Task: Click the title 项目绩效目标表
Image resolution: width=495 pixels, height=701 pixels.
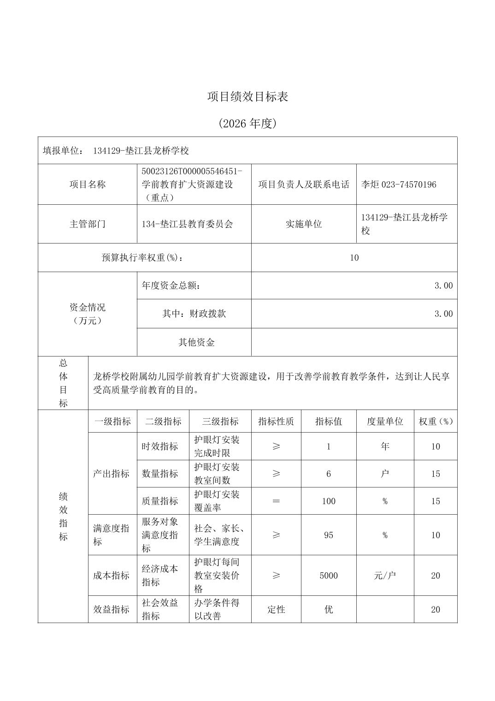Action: [247, 97]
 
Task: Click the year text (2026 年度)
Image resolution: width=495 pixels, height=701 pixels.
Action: [247, 124]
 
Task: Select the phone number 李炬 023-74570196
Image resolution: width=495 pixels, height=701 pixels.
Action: [399, 184]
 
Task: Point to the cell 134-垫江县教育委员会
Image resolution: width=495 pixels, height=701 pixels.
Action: [188, 224]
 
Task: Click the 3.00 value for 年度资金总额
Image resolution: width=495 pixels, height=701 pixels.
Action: [443, 285]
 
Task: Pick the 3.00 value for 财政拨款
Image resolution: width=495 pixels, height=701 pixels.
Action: [443, 314]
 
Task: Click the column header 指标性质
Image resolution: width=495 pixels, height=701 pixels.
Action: [276, 421]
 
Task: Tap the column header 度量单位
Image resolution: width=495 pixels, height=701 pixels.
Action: [385, 421]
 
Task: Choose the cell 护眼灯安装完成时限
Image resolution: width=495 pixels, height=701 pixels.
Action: [217, 446]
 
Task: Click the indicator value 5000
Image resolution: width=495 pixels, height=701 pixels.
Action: [329, 576]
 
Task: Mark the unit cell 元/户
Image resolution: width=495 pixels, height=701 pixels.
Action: [385, 576]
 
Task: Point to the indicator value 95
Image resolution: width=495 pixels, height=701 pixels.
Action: [329, 535]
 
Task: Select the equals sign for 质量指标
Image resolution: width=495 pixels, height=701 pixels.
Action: [276, 501]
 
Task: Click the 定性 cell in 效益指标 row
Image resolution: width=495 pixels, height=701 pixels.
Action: [276, 609]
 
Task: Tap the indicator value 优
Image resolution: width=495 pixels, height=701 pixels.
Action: [329, 609]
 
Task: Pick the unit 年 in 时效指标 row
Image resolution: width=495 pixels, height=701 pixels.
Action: [385, 446]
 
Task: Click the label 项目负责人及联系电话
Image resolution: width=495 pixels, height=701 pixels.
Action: [304, 184]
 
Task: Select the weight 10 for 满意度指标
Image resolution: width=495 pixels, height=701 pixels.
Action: [436, 535]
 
